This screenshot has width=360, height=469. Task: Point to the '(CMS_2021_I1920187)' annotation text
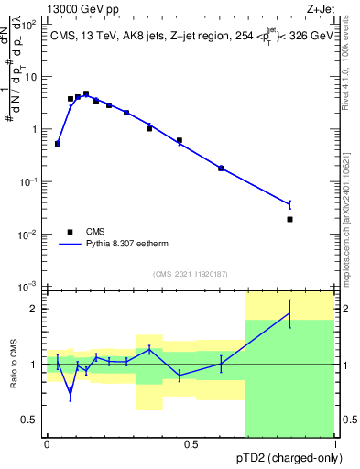[x=191, y=274]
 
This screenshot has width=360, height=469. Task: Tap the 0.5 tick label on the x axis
[x=191, y=444]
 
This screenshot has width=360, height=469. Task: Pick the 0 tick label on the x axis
[x=47, y=444]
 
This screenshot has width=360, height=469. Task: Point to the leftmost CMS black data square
[x=58, y=143]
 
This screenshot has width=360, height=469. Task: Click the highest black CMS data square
[x=86, y=93]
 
